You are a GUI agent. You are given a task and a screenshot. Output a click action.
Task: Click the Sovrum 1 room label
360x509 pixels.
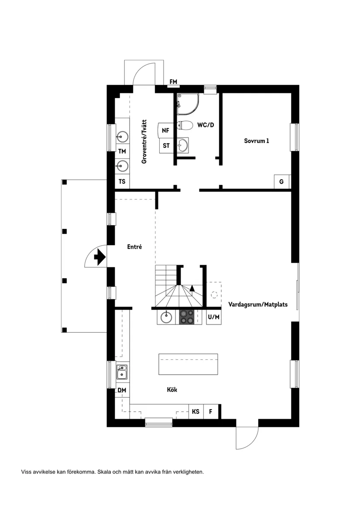tap(256, 141)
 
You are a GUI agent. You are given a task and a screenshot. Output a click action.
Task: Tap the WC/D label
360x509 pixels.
tap(205, 125)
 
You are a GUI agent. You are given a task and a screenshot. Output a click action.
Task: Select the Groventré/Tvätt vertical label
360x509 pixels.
tap(144, 142)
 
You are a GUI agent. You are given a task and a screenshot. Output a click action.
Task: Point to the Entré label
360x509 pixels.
tap(135, 246)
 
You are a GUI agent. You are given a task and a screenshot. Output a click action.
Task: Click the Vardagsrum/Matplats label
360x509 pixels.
tap(258, 305)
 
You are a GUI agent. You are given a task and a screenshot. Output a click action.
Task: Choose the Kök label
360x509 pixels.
tap(172, 389)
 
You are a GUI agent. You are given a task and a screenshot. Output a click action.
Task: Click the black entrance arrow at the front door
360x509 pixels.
tap(99, 257)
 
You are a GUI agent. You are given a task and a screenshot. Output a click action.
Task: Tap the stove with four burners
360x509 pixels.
tap(187, 317)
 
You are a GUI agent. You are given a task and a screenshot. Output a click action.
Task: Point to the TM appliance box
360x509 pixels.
tap(122, 151)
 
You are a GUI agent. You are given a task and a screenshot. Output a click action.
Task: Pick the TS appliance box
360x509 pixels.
tap(122, 181)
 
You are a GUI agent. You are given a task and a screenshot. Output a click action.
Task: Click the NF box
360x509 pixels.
tap(165, 130)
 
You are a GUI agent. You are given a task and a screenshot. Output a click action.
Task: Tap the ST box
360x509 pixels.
tap(166, 146)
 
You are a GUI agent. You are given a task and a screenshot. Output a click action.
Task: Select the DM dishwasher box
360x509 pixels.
tap(122, 390)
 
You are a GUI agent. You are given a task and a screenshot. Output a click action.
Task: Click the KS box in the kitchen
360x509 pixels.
tap(196, 411)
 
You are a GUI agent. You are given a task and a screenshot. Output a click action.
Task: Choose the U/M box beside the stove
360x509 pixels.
tap(214, 317)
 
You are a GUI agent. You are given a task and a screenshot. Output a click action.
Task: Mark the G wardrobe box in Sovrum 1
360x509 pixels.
tap(281, 181)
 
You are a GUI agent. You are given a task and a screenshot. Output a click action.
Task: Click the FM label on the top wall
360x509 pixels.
tap(174, 82)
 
